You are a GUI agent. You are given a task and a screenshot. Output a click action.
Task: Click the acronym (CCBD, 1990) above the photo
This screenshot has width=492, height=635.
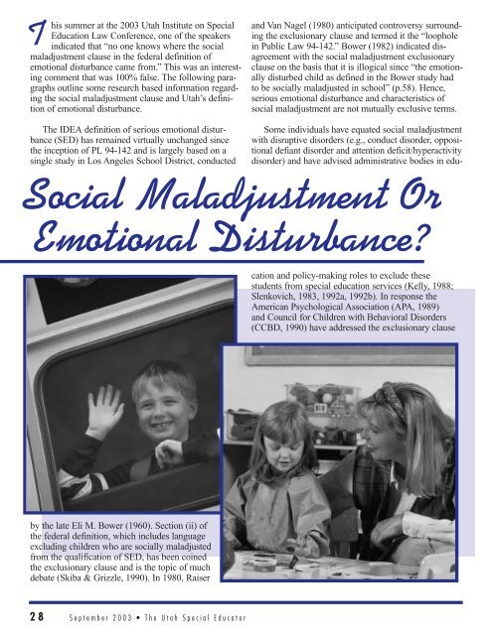(x=296, y=322)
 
